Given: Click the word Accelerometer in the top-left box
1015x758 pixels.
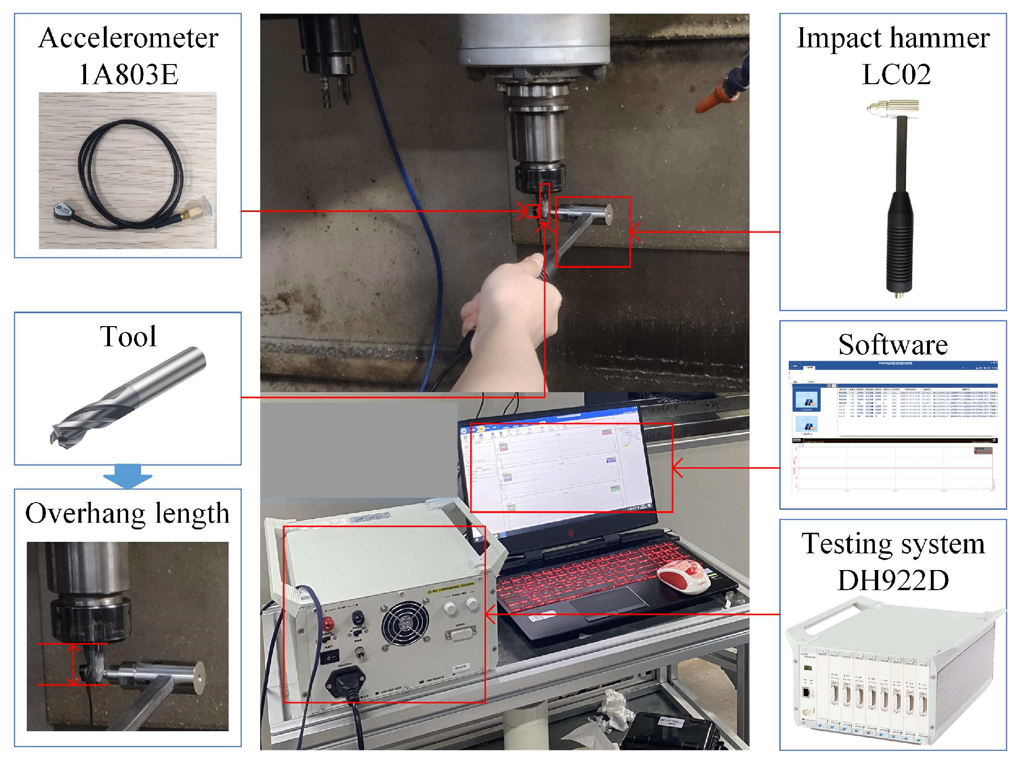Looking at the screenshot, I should pos(128,38).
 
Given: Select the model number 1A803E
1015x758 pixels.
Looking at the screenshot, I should pos(128,74).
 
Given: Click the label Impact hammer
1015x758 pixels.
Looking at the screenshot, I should pos(893,38).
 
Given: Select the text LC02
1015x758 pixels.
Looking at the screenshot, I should pos(896,74).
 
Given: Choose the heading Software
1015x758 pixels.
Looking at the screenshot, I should pos(893,345).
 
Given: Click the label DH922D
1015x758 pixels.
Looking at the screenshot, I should pos(893,580).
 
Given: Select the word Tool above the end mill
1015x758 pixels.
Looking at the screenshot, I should pos(128,336).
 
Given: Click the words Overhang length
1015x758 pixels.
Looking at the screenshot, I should pos(127,513).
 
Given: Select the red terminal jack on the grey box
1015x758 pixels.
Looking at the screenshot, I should pos(328,623).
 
